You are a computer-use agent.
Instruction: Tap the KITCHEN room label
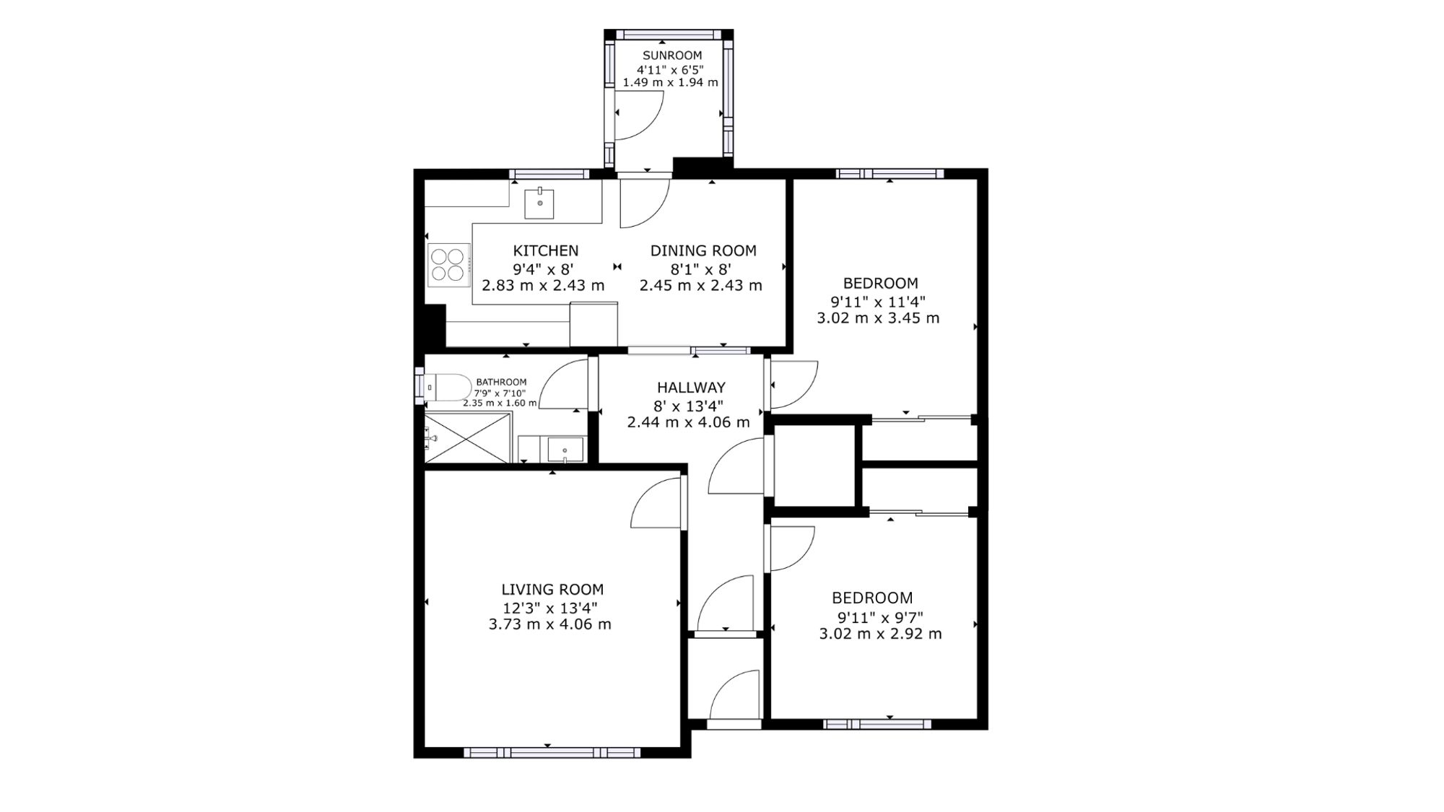click(x=546, y=250)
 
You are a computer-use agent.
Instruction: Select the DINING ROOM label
click(x=703, y=250)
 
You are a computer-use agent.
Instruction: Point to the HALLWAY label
click(x=691, y=388)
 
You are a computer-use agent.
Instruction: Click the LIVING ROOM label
click(x=553, y=590)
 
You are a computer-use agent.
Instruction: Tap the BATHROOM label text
click(x=501, y=382)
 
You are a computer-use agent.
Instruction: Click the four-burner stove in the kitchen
click(x=448, y=264)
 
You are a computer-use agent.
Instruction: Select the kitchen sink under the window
click(x=539, y=203)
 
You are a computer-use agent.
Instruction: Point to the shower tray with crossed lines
click(x=468, y=438)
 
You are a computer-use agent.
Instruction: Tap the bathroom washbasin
click(x=565, y=450)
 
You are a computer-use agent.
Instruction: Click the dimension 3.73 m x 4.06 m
click(x=550, y=624)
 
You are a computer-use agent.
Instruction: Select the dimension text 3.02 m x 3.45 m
click(x=878, y=318)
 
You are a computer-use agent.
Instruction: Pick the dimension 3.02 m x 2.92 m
click(x=880, y=634)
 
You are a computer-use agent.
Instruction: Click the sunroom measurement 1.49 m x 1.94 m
click(x=671, y=82)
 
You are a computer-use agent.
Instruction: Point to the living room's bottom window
click(x=552, y=753)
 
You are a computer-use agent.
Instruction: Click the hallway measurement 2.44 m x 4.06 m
click(x=689, y=422)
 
